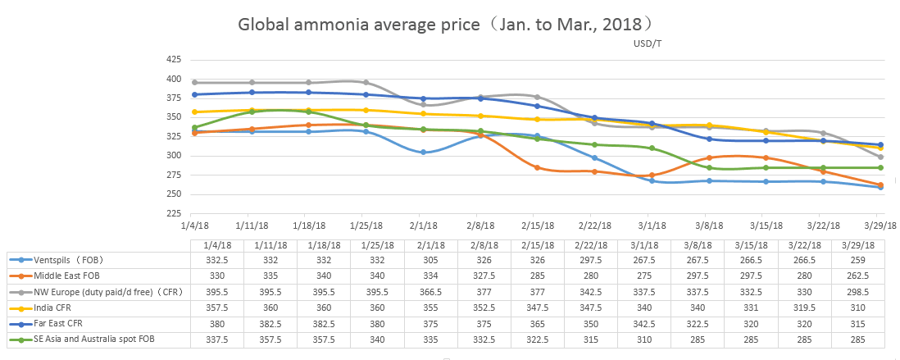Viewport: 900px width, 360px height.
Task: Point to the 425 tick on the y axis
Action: coord(173,60)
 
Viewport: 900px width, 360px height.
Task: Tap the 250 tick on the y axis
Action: coord(173,194)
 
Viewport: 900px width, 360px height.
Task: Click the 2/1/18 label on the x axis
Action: coord(423,225)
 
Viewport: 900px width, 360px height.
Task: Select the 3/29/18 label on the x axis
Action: coord(881,225)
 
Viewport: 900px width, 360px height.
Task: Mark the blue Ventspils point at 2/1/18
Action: coord(423,153)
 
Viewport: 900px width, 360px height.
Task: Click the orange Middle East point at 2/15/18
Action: coord(537,167)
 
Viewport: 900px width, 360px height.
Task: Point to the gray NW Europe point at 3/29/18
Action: coord(880,157)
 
